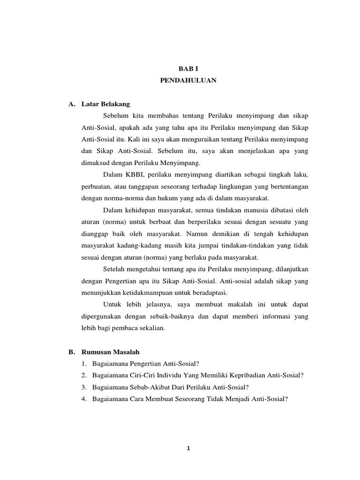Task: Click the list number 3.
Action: coord(83,387)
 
